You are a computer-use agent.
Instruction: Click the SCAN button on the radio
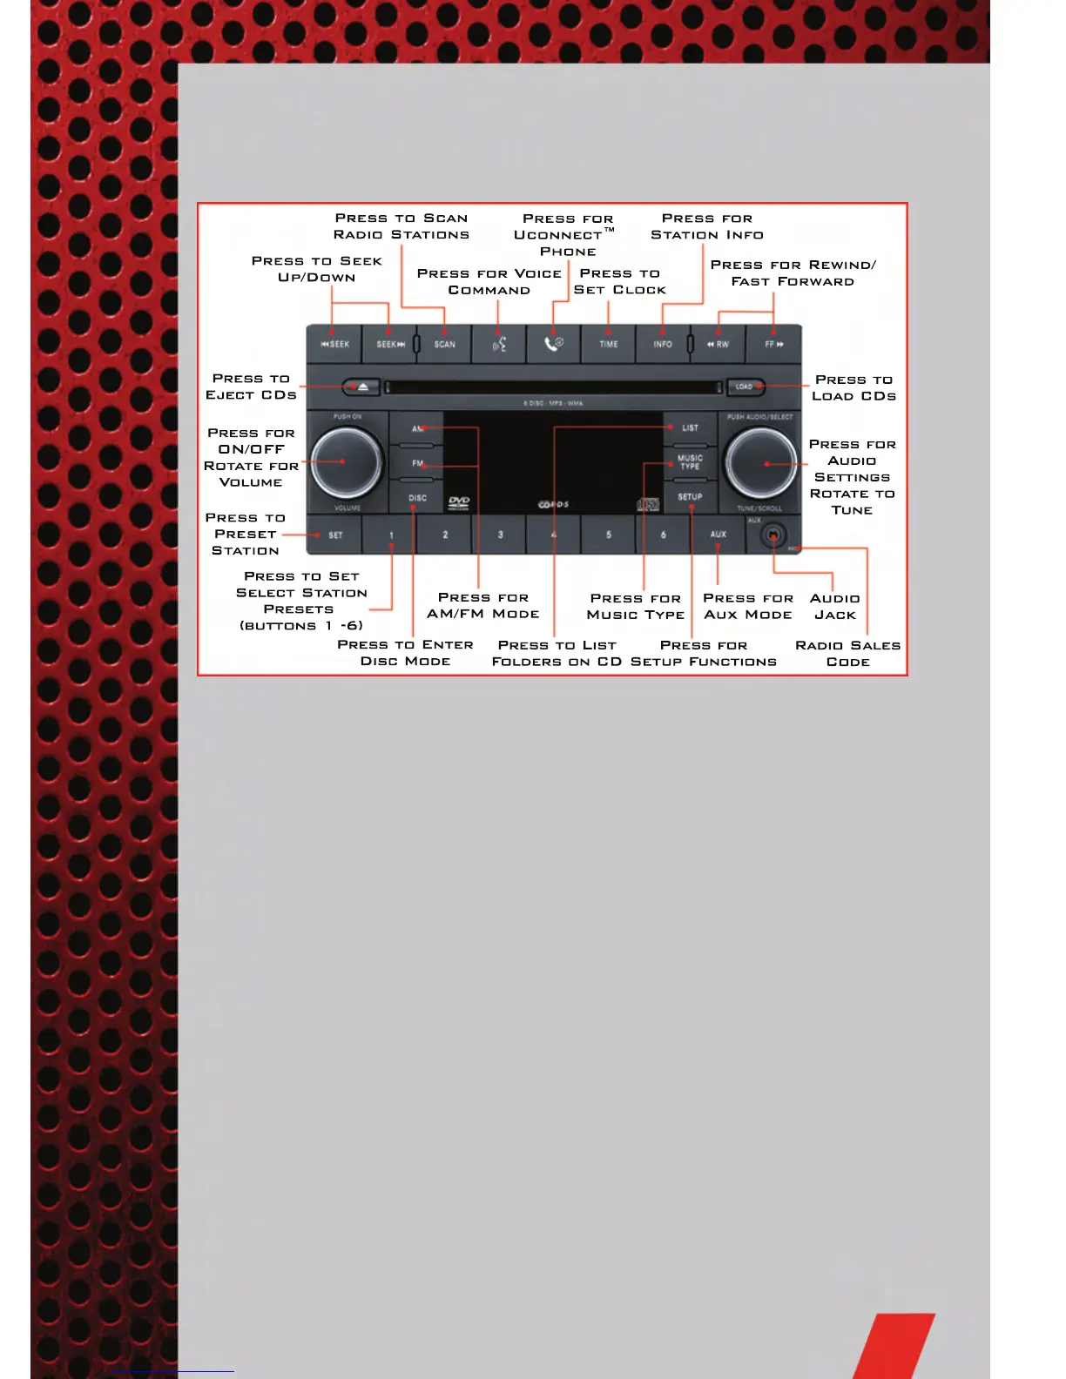point(444,344)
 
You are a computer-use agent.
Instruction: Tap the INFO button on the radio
point(663,344)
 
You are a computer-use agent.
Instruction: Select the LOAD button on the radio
point(745,387)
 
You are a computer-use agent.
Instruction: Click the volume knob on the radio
point(346,461)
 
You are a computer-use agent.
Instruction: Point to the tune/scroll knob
point(761,463)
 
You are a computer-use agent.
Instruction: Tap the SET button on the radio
point(335,535)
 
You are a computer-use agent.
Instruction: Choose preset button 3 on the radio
point(500,535)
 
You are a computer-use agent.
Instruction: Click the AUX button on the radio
point(718,535)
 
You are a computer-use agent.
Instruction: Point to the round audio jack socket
point(773,535)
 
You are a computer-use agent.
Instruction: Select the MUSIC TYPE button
point(690,462)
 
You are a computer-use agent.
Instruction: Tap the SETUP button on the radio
point(690,497)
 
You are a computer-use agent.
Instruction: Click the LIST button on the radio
point(690,428)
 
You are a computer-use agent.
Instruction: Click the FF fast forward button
point(773,344)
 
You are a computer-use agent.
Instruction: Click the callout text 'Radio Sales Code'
point(847,653)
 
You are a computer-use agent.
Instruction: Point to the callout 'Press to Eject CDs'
point(251,387)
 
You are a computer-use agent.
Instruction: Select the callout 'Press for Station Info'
point(707,226)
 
